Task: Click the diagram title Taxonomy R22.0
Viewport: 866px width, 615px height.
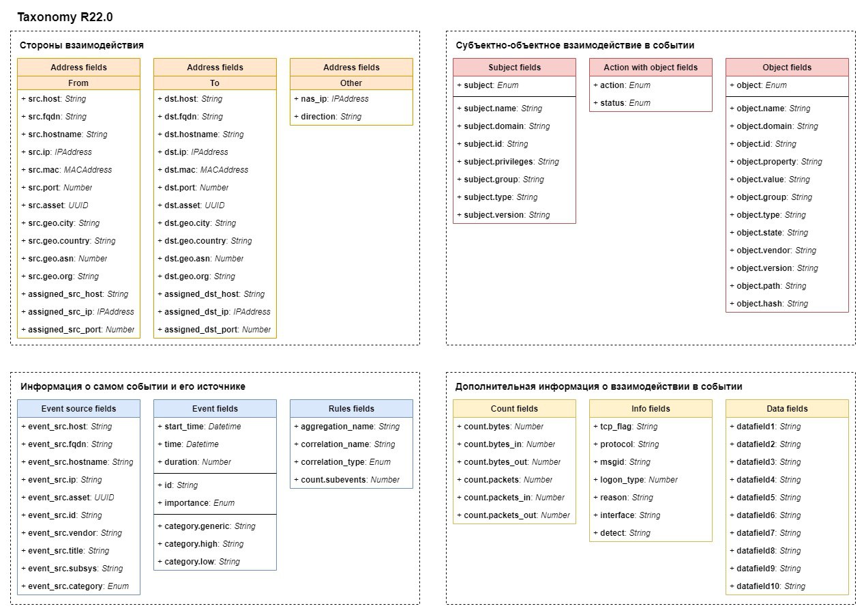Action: point(65,17)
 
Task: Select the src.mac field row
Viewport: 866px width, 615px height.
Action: point(67,169)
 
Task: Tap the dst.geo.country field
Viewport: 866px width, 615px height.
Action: point(205,241)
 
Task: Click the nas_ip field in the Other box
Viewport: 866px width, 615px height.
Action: point(331,99)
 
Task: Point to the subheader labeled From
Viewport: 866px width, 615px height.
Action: point(78,83)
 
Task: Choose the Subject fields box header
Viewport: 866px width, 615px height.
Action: point(514,68)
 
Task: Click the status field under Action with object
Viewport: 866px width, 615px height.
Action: point(622,103)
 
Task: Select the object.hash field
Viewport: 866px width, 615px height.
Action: point(768,304)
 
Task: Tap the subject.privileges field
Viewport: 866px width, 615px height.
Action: point(508,161)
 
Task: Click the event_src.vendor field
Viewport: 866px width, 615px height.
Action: point(72,533)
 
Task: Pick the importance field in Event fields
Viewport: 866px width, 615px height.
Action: point(196,503)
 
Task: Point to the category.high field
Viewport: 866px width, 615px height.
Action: point(200,544)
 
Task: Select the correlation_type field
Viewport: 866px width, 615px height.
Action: point(342,461)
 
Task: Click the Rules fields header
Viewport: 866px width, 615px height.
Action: point(351,409)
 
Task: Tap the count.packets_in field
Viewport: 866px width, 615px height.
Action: point(511,498)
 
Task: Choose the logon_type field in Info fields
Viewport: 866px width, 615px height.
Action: point(636,480)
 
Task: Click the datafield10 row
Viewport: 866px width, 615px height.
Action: point(767,586)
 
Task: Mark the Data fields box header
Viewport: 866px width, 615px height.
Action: point(787,409)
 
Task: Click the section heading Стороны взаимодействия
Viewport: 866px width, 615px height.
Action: point(82,45)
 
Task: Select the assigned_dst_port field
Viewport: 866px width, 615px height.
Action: point(214,330)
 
